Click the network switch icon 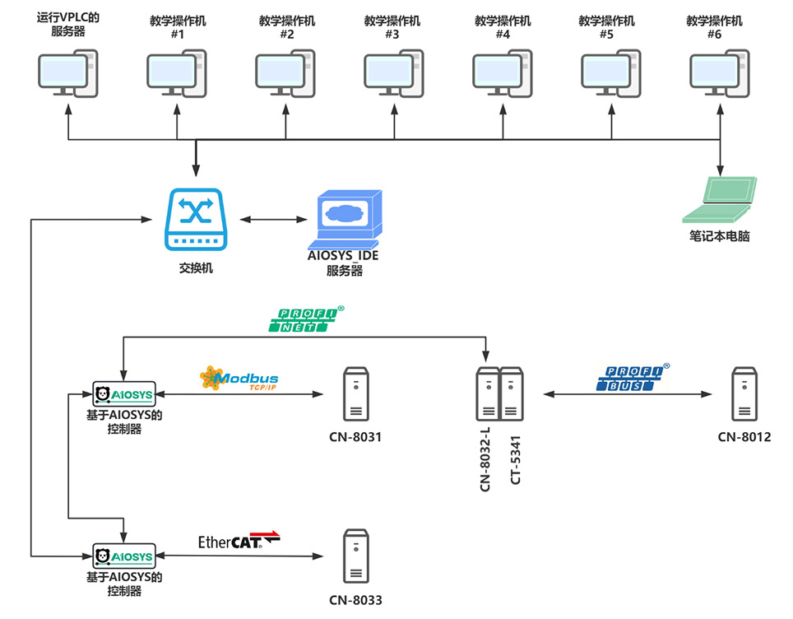pos(196,219)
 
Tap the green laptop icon pos(719,200)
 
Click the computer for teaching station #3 pos(393,73)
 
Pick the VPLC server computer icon pos(67,73)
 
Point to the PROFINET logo pos(305,319)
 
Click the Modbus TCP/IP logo pos(239,378)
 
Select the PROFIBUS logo pos(633,378)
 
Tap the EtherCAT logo pos(239,540)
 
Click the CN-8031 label pos(355,437)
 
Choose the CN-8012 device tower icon pos(744,394)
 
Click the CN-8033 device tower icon pos(356,556)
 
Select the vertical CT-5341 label pos(515,460)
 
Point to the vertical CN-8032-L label pos(485,459)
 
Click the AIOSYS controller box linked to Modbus pos(124,394)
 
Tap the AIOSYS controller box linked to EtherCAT pos(124,556)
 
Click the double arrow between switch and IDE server pos(274,219)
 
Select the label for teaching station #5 pos(606,27)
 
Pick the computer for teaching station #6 pos(720,73)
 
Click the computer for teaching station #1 pos(177,73)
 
